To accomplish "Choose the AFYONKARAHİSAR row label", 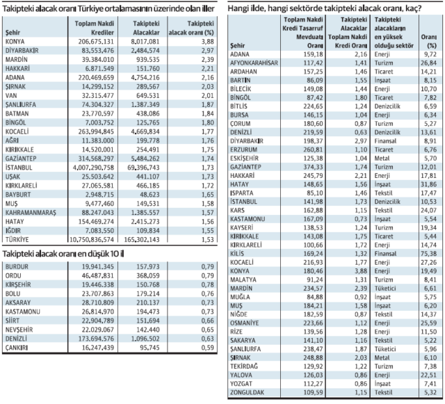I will click(x=259, y=61).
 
